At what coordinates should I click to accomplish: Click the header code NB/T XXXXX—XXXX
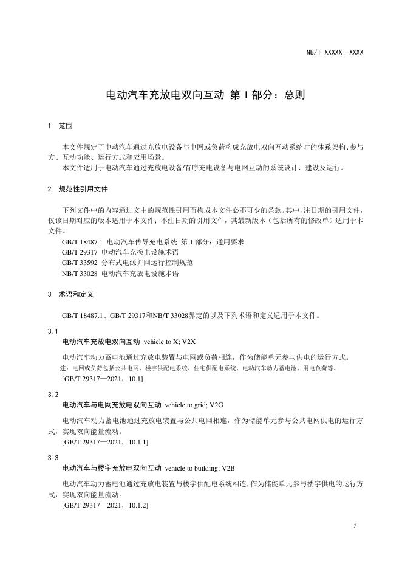(x=335, y=53)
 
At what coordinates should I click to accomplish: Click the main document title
(x=205, y=95)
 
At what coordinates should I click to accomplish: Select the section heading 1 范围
(x=60, y=126)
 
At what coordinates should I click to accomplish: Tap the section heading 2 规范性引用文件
(x=78, y=189)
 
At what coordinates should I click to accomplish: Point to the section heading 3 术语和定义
(x=70, y=294)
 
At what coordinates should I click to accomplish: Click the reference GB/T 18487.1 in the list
(x=83, y=241)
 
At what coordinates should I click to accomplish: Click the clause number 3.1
(x=53, y=331)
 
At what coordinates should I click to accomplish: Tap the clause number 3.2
(x=53, y=395)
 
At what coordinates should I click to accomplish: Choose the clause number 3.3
(x=53, y=458)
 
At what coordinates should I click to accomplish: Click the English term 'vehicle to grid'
(x=185, y=405)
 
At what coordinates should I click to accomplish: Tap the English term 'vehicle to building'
(x=189, y=468)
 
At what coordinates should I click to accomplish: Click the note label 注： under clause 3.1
(x=65, y=368)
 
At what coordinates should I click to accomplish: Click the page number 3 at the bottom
(x=355, y=526)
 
